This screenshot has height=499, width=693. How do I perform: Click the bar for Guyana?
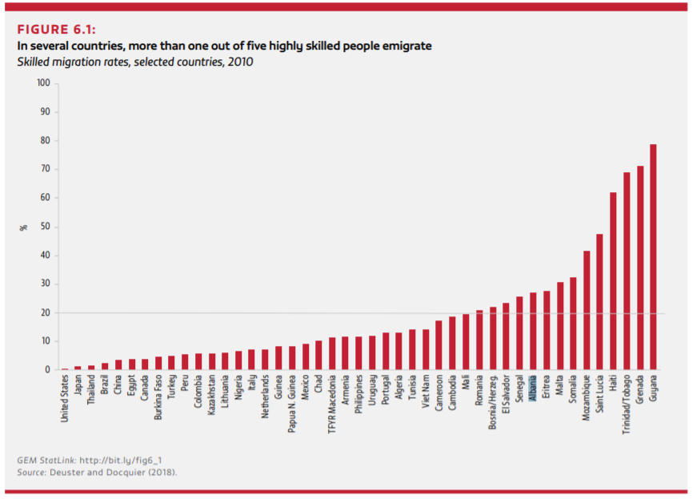tap(653, 257)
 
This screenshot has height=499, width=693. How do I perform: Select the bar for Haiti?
tap(613, 281)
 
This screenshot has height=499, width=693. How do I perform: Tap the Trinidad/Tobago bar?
tap(627, 272)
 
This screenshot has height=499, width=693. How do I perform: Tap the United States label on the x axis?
tap(65, 400)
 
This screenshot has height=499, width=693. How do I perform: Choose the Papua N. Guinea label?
tap(292, 404)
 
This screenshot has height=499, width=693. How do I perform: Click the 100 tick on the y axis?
tap(43, 83)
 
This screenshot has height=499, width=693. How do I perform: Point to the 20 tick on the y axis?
tap(46, 313)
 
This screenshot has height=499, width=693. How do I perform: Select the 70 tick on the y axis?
tap(46, 170)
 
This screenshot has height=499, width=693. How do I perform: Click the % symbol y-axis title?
tap(23, 227)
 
